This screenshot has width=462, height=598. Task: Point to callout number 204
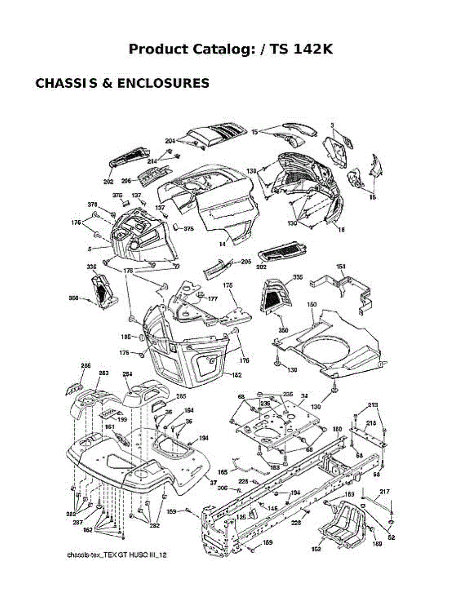[170, 141]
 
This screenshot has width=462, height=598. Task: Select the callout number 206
[126, 181]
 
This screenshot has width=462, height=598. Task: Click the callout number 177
[213, 299]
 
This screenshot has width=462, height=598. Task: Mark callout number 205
[246, 261]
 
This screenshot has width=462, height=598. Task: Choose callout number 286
[86, 366]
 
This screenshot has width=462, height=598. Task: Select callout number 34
[304, 396]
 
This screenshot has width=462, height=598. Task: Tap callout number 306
[222, 488]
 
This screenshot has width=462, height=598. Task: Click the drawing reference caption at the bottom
[117, 554]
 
